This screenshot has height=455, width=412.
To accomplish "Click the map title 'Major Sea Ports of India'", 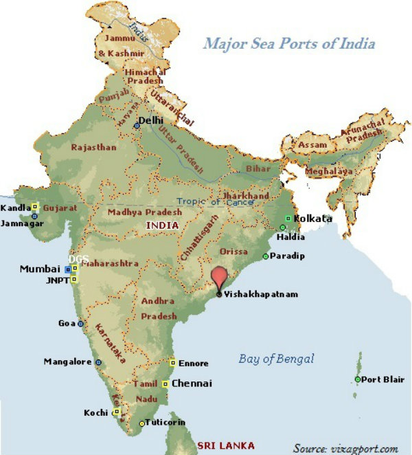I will pos(289,44).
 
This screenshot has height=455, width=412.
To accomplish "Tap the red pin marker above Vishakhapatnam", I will pos(219,278).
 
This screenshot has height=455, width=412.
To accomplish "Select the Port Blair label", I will pos(381,379).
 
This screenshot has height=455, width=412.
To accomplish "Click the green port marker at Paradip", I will pos(266,256).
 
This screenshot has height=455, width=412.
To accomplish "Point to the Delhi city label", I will pos(153,120).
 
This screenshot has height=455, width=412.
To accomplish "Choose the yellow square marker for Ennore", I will pos(172,362).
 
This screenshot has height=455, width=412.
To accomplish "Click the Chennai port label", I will pos(192,383).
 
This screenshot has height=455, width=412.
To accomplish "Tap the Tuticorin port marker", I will pos(142,423).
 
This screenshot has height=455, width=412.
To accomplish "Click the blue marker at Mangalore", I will pos(98,362).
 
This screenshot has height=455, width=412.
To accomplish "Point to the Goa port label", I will pos(67,323).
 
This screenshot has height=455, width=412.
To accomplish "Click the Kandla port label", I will pos(14,207).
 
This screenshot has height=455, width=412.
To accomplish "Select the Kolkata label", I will pos(312,219).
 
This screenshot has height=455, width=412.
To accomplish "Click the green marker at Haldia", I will pos(282,227).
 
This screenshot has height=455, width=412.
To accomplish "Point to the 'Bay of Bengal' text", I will pos(276,358).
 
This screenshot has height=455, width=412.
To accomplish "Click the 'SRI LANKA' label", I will pos(225,445).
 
